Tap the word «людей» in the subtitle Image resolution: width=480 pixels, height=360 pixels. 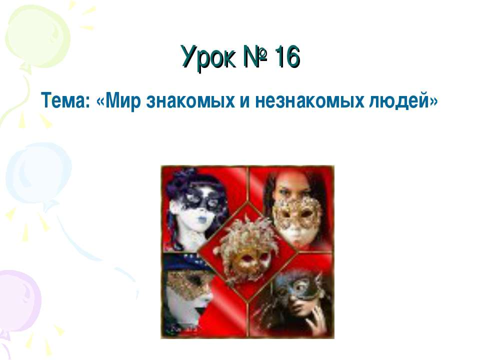pos(397,101)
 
